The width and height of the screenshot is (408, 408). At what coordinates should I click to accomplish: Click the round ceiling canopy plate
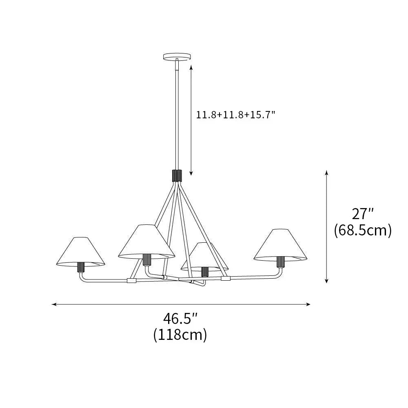tap(177, 56)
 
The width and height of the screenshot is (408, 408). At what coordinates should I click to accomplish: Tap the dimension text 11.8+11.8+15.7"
tap(236, 115)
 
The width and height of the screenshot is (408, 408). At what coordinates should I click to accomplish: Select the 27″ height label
tap(363, 213)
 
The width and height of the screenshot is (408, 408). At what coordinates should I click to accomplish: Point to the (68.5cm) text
tap(363, 231)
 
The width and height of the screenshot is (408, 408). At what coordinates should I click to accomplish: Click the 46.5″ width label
tap(180, 317)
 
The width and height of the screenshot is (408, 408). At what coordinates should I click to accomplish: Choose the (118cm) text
tap(180, 335)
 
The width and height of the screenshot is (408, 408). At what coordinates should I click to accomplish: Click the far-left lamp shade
tap(80, 252)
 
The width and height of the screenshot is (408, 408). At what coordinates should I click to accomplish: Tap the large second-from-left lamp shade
tap(146, 242)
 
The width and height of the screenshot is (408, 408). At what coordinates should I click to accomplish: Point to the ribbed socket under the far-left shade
tap(80, 268)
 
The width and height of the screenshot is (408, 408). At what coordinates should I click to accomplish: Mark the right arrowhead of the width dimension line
tap(309, 304)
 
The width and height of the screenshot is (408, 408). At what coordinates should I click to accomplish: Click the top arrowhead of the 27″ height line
tap(326, 172)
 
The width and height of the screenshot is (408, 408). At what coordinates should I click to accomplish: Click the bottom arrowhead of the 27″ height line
tap(326, 281)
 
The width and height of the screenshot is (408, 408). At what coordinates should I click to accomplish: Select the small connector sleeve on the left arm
tap(131, 280)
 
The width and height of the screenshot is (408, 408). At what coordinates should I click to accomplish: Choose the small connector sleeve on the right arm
tap(226, 278)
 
